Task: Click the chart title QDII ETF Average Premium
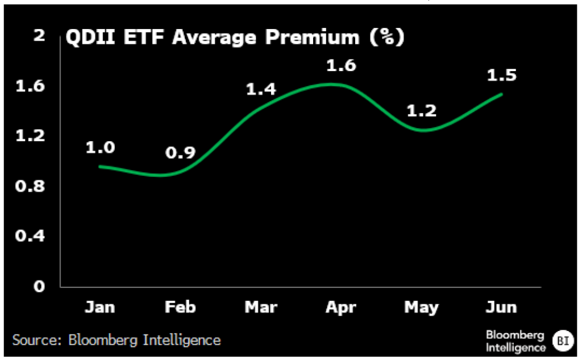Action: [235, 38]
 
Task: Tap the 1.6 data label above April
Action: [340, 65]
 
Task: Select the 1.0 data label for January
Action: [100, 147]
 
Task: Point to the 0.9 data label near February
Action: [180, 152]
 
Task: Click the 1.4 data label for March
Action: [260, 89]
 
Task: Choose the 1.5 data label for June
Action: [501, 75]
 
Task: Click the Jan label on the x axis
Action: [99, 308]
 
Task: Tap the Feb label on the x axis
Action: [180, 308]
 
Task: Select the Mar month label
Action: [260, 308]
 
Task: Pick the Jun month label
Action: [501, 308]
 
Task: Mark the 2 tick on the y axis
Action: [39, 35]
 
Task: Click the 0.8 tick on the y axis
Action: [31, 186]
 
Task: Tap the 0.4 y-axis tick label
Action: [31, 235]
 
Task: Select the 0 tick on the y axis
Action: [39, 286]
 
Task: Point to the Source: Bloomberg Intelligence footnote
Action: [117, 340]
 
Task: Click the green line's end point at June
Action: [502, 94]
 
